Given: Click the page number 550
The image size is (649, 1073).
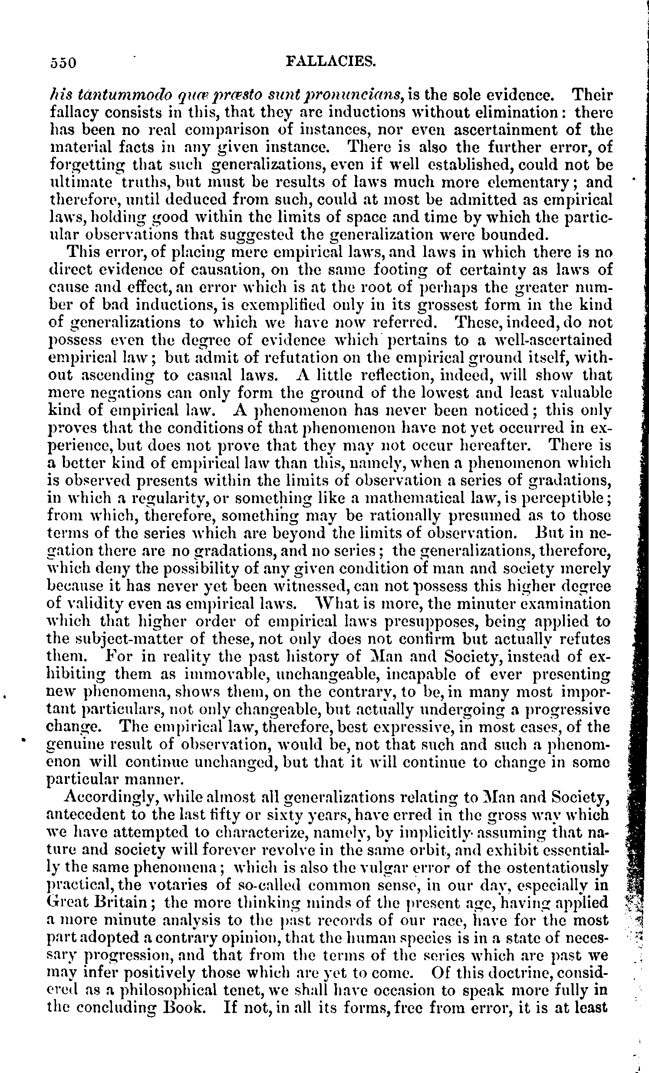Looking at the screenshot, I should [63, 63].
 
